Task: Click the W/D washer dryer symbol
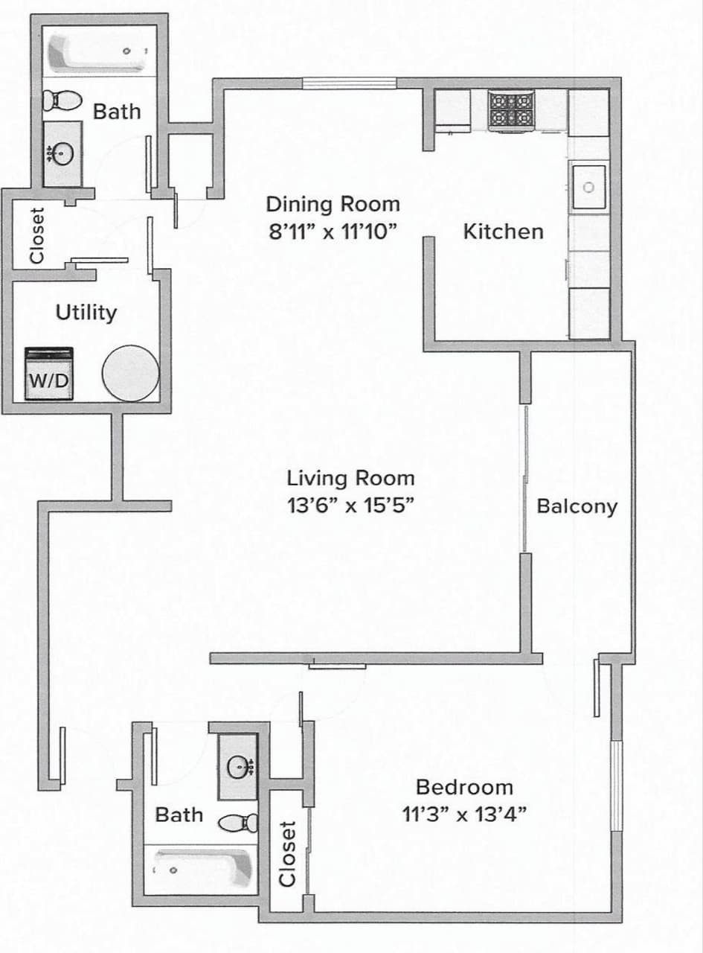(x=49, y=374)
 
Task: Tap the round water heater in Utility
(x=130, y=372)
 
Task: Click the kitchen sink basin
(x=588, y=188)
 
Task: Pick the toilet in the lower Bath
(x=240, y=823)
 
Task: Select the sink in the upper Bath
(x=62, y=155)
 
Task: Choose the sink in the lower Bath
(x=239, y=766)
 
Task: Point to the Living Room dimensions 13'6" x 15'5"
(x=350, y=506)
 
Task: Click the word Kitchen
(x=503, y=232)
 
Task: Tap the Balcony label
(x=577, y=507)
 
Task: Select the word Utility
(x=86, y=312)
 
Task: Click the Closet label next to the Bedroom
(x=288, y=854)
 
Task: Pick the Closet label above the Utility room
(x=36, y=236)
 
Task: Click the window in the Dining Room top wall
(x=348, y=83)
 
